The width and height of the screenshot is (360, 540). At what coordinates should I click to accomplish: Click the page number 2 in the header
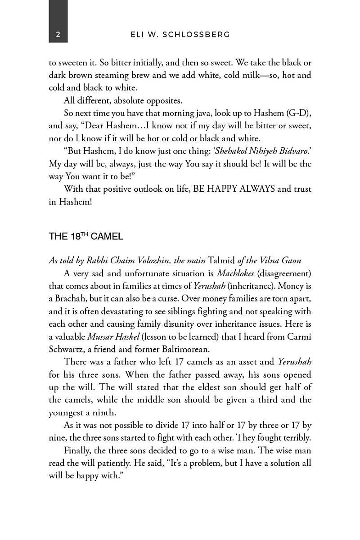coord(58,35)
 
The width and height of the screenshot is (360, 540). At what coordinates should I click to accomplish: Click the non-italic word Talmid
coord(222,261)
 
